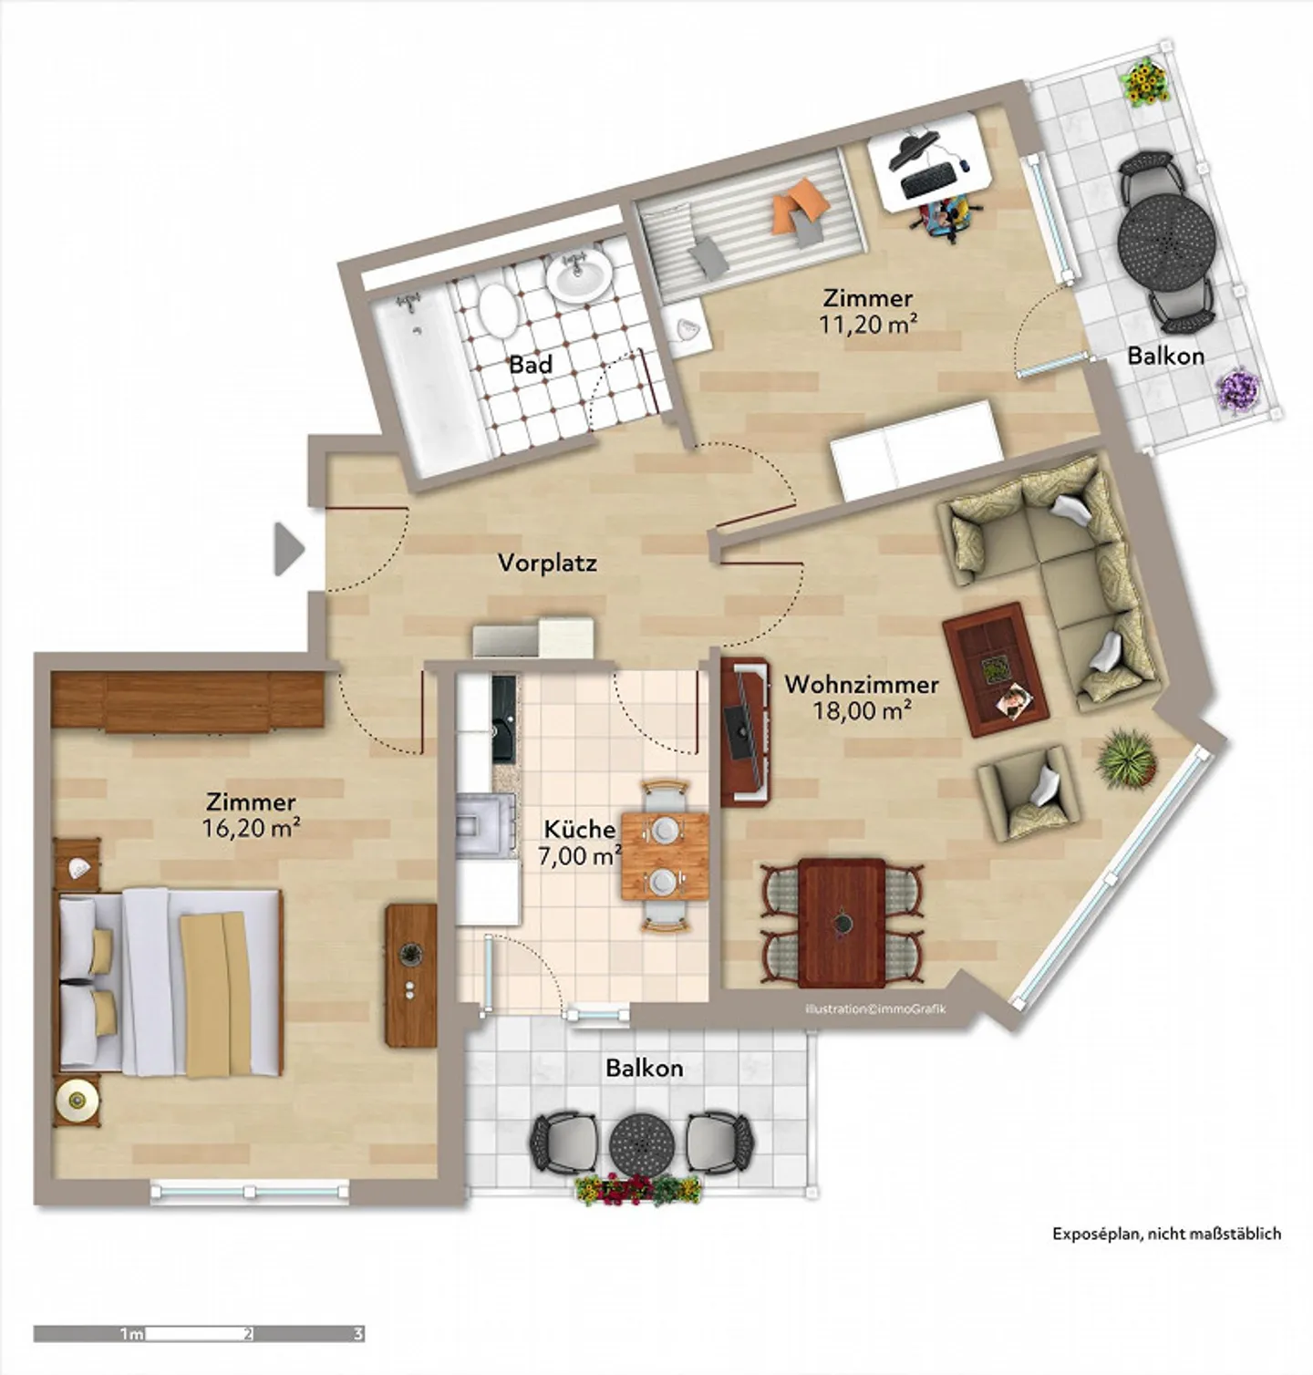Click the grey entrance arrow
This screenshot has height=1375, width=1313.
click(x=288, y=549)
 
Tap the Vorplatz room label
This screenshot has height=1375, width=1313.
click(x=547, y=563)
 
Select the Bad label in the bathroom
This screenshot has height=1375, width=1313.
click(x=531, y=365)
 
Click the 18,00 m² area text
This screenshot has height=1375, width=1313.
click(x=862, y=710)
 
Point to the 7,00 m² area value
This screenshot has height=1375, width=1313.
click(x=580, y=856)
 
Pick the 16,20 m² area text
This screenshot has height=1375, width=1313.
click(x=251, y=828)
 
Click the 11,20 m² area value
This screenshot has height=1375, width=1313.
click(x=867, y=323)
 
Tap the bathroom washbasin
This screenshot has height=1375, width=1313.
click(x=578, y=274)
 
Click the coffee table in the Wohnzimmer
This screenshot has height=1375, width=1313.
click(x=996, y=669)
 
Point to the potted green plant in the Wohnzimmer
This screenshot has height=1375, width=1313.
click(x=1128, y=758)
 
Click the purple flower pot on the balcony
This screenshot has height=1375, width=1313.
click(x=1239, y=392)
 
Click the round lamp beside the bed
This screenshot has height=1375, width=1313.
click(x=77, y=1101)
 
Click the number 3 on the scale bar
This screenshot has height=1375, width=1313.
click(x=357, y=1334)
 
